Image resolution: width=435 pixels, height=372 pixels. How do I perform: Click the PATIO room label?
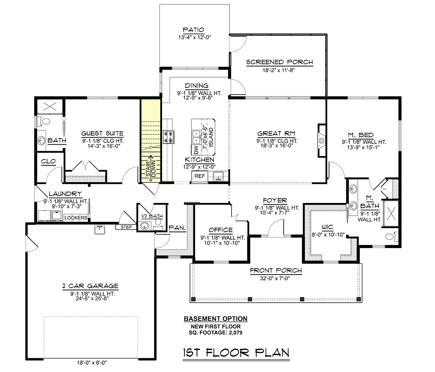pyautogui.click(x=194, y=30)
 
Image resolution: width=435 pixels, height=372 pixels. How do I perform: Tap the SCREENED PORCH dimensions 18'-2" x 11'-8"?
pyautogui.click(x=278, y=70)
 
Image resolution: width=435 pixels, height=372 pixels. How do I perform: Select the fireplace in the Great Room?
pyautogui.click(x=322, y=140)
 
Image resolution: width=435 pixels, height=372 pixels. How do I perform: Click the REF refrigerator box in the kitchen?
pyautogui.click(x=199, y=176)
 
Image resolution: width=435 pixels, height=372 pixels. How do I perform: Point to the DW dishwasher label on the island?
pyautogui.click(x=196, y=150)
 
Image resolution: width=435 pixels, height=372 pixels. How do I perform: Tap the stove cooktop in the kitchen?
pyautogui.click(x=168, y=137)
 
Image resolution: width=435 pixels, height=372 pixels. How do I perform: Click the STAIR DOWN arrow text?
pyautogui.click(x=151, y=169)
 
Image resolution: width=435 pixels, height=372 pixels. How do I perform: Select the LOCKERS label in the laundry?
pyautogui.click(x=76, y=218)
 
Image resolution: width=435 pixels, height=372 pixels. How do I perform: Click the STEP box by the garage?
pyautogui.click(x=126, y=227)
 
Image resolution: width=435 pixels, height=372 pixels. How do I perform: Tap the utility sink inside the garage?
pyautogui.click(x=100, y=230)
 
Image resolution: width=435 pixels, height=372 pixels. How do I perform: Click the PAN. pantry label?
pyautogui.click(x=177, y=228)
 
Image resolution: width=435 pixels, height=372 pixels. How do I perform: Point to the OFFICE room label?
pyautogui.click(x=220, y=230)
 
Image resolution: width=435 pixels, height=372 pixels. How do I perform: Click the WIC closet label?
pyautogui.click(x=327, y=227)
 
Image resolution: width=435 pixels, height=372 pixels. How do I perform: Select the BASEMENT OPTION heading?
pyautogui.click(x=216, y=319)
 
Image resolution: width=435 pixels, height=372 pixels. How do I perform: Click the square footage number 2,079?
pyautogui.click(x=236, y=332)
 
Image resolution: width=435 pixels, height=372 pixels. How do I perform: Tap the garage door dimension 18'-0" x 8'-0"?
pyautogui.click(x=92, y=363)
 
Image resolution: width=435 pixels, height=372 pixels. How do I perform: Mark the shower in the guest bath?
pyautogui.click(x=50, y=107)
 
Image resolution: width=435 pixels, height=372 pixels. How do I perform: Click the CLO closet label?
pyautogui.click(x=48, y=161)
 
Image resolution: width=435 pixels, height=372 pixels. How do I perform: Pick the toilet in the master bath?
pyautogui.click(x=392, y=237)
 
